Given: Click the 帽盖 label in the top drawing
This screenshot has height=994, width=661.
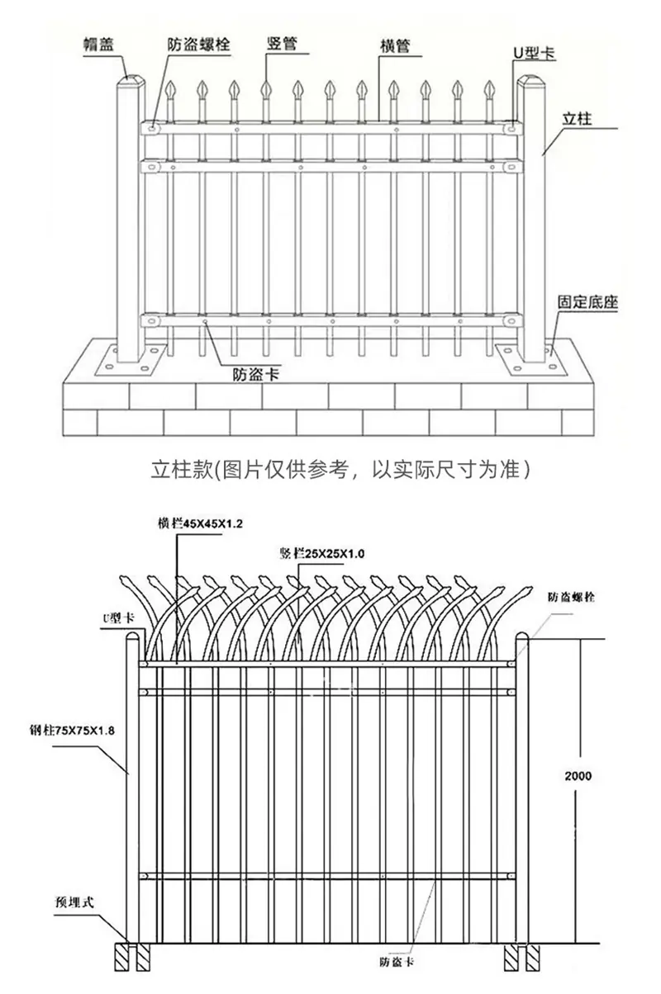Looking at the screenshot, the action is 99,45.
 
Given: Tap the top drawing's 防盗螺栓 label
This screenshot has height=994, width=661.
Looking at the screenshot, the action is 198,45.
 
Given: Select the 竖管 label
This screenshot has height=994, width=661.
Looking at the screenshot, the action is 282,44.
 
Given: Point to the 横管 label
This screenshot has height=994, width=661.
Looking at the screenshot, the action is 395,45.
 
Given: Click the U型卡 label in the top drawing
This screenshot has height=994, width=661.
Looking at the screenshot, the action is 535,53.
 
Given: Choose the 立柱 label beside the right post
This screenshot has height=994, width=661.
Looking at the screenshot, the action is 577,119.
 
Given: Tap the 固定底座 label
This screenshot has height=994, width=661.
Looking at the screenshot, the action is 587,302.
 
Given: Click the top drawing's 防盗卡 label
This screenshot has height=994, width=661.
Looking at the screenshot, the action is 256,374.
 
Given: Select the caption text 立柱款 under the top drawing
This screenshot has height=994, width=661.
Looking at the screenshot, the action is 182,470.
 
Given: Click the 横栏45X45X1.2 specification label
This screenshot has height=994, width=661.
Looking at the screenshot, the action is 200,523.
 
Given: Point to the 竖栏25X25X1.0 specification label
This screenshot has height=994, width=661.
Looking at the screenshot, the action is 322,553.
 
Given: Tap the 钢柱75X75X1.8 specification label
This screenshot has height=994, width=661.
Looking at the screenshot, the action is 73,730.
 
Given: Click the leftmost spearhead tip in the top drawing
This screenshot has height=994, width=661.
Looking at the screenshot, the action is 170,82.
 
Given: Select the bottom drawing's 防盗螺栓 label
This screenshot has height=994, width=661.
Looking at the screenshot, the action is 571,597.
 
